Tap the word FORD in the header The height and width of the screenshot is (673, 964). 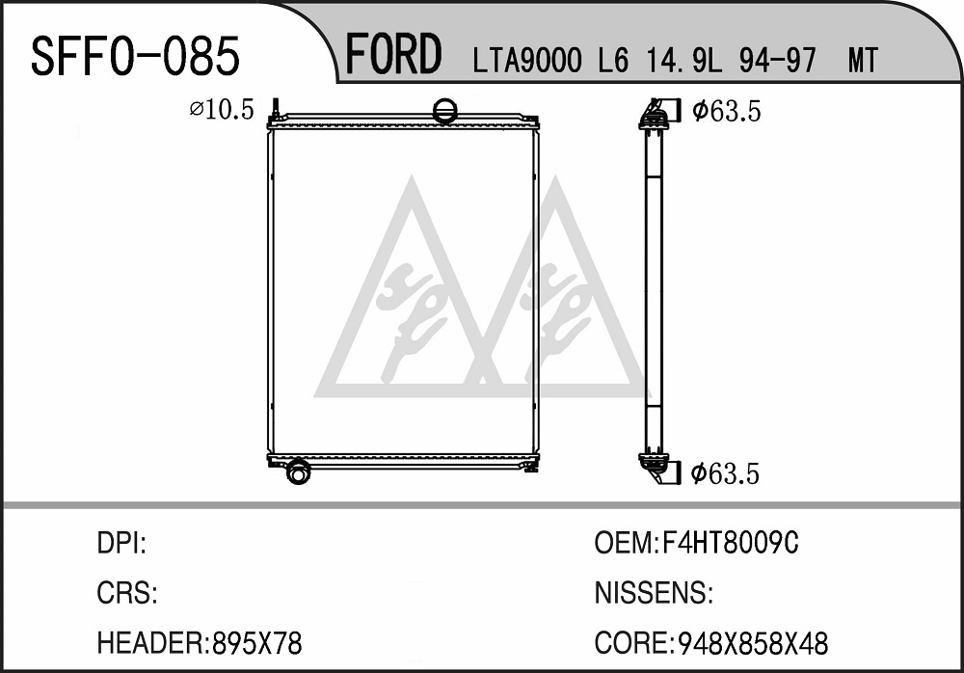393,54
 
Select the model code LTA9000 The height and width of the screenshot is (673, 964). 527,61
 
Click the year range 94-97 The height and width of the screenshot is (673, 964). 778,61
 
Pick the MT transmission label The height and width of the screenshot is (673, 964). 863,61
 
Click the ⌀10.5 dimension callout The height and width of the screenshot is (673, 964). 222,110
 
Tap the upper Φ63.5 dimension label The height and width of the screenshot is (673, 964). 727,111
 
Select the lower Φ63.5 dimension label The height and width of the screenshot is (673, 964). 726,473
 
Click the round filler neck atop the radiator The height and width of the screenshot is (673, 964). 445,111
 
